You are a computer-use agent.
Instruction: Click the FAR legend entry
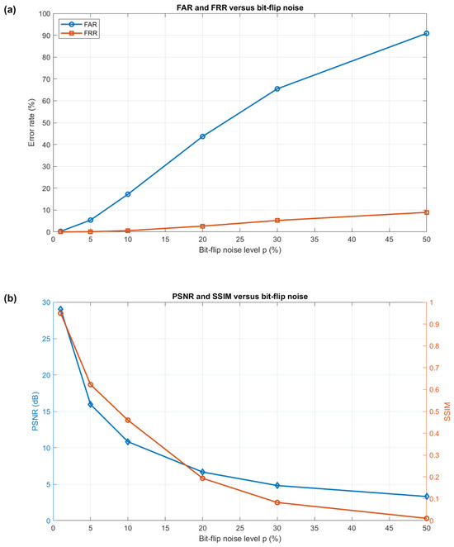79,25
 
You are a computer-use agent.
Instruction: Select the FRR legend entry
79,34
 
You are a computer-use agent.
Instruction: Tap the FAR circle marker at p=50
427,34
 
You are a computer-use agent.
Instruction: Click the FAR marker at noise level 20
202,136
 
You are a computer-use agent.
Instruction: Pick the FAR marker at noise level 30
277,89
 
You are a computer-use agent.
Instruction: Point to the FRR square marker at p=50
427,212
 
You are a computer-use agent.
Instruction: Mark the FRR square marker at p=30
277,221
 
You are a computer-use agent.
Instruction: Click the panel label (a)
10,10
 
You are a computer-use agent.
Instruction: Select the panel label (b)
10,298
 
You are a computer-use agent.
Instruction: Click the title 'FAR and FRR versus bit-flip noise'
239,7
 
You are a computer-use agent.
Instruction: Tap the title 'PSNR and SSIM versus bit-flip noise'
240,297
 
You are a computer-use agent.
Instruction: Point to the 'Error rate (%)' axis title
31,122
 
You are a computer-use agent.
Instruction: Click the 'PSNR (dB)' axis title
35,411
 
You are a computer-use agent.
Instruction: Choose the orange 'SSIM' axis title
447,411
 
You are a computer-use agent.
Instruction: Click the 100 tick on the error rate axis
45,14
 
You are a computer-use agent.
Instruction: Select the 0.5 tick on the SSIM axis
434,411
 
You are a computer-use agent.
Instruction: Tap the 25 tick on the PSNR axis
47,339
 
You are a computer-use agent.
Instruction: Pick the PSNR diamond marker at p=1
60,309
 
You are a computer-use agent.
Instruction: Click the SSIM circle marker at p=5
90,384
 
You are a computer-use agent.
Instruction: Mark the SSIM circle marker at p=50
427,518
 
